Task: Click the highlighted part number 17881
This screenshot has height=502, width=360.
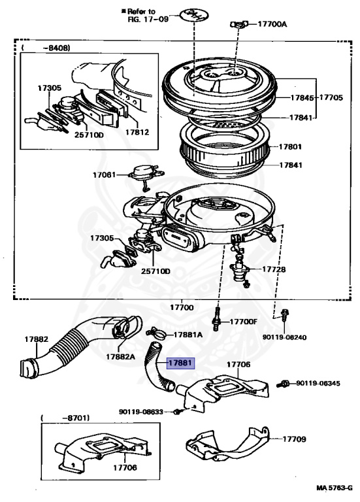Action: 180,363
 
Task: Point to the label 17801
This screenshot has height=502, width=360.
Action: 291,147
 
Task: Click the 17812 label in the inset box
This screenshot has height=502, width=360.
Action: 137,132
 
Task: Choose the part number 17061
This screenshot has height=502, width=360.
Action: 104,175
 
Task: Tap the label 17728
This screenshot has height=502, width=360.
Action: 274,269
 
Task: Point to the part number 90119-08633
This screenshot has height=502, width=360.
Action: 141,412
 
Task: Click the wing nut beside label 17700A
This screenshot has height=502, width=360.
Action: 237,25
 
